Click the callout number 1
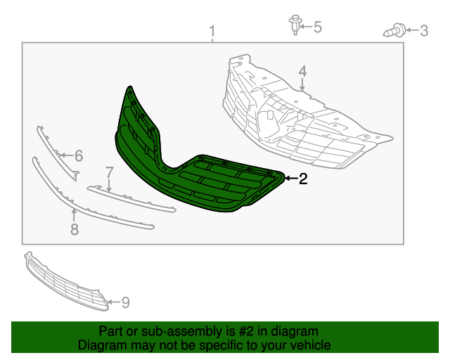tap(213, 32)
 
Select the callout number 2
tap(303, 179)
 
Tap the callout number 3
tap(423, 30)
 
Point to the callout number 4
tap(302, 72)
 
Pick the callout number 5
tap(317, 27)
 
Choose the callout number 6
tap(79, 155)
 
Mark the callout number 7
tap(109, 172)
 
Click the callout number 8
tap(74, 229)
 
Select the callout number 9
tap(125, 302)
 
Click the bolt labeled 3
tap(395, 30)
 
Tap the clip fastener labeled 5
tap(292, 25)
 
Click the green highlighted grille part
tap(211, 186)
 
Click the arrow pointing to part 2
tap(290, 179)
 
